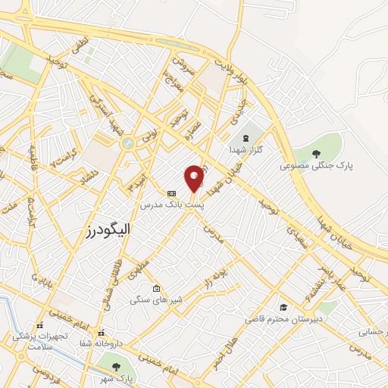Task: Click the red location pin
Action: (x=195, y=179)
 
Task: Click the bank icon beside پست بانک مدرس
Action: (x=171, y=193)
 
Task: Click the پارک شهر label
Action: (x=118, y=377)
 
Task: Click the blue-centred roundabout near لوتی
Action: (x=127, y=142)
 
